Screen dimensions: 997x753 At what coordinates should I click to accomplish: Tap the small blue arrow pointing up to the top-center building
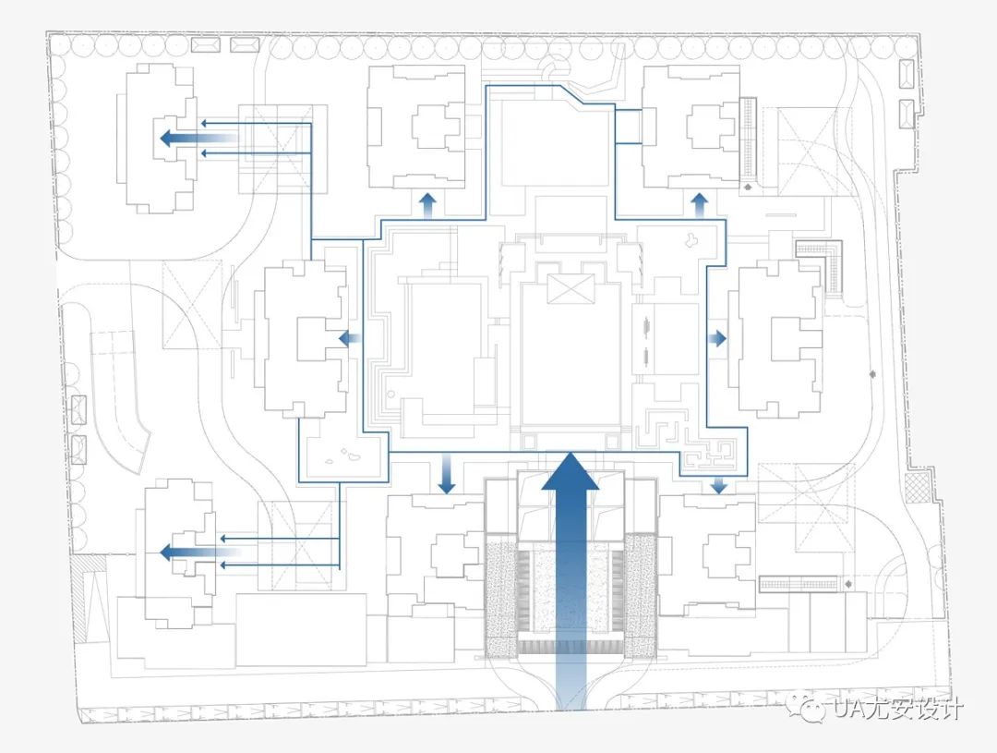coord(427,204)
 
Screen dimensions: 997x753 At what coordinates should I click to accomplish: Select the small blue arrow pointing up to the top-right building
coord(699,204)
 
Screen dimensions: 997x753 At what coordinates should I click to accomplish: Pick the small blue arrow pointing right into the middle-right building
coord(717,339)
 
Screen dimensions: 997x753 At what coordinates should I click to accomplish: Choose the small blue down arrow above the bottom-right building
coord(719,483)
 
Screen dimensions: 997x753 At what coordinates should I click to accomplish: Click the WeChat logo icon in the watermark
coord(813,710)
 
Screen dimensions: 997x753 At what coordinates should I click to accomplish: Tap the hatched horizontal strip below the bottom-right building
coord(798,584)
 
